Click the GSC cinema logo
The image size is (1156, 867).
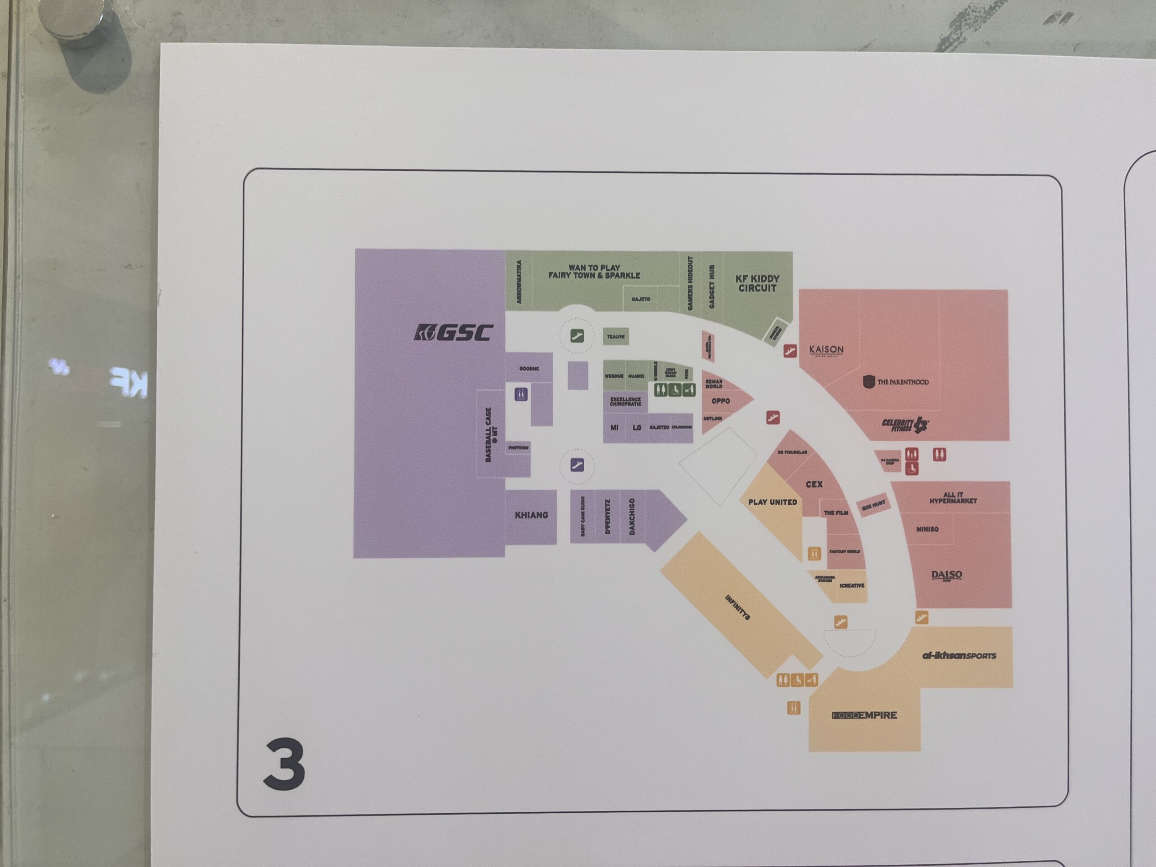pyautogui.click(x=453, y=332)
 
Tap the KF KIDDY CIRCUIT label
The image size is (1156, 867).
pyautogui.click(x=757, y=283)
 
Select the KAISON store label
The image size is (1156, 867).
pyautogui.click(x=826, y=350)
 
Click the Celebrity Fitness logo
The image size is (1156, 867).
pyautogui.click(x=905, y=425)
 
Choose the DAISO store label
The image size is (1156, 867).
pyautogui.click(x=946, y=575)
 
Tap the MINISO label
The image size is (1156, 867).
pyautogui.click(x=927, y=529)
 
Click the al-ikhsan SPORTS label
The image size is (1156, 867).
pyautogui.click(x=959, y=655)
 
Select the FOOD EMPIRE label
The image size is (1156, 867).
pyautogui.click(x=864, y=715)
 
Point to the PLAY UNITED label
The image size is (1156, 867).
pyautogui.click(x=773, y=502)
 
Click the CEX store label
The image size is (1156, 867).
pyautogui.click(x=814, y=485)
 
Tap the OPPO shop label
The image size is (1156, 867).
pyautogui.click(x=720, y=401)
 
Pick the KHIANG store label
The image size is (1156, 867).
pyautogui.click(x=531, y=515)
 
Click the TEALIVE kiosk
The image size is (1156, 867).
pyautogui.click(x=615, y=336)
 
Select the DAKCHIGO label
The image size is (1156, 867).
pyautogui.click(x=632, y=516)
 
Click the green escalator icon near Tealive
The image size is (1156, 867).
pyautogui.click(x=577, y=336)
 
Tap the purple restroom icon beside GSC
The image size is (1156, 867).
pyautogui.click(x=521, y=394)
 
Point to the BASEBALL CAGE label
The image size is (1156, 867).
pyautogui.click(x=491, y=435)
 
